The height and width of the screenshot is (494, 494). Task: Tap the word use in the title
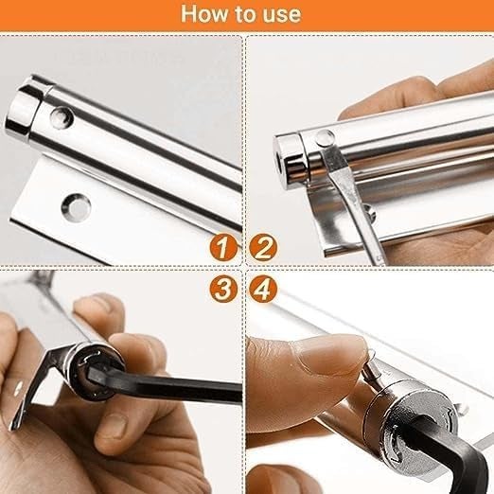pos(280,14)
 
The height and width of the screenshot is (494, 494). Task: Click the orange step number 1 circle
pos(222,250)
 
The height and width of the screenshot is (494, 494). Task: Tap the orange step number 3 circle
pos(222,289)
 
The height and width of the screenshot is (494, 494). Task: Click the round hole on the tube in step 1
pos(62,117)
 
